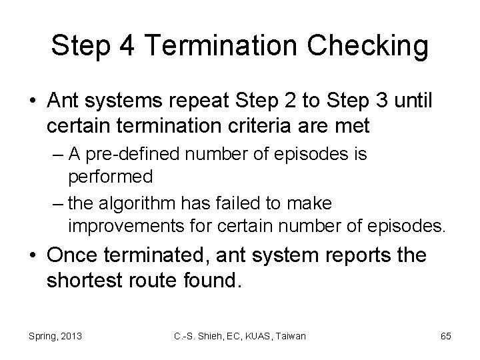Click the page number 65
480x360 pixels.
446,336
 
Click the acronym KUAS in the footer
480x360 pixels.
255,336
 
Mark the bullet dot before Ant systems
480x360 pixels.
33,101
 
